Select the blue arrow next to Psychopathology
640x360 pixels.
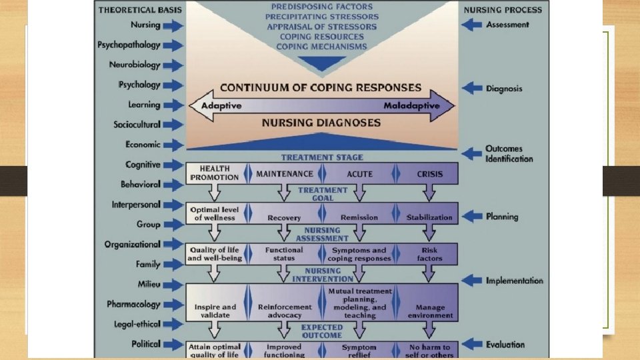pyautogui.click(x=172, y=45)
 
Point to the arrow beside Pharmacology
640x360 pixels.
pyautogui.click(x=172, y=305)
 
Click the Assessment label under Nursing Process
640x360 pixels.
pyautogui.click(x=507, y=25)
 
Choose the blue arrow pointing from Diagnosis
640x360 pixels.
pyautogui.click(x=472, y=88)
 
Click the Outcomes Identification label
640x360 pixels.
pyautogui.click(x=509, y=154)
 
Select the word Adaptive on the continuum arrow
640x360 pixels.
pyautogui.click(x=221, y=106)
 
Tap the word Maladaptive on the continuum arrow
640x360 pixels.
pyautogui.click(x=411, y=106)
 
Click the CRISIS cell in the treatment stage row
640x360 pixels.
pyautogui.click(x=429, y=174)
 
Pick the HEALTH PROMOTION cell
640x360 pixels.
pyautogui.click(x=214, y=174)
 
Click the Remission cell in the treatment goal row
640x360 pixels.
pyautogui.click(x=359, y=217)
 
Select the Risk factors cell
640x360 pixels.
pyautogui.click(x=429, y=254)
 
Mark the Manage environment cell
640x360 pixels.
pyautogui.click(x=429, y=311)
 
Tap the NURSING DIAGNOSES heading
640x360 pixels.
pyautogui.click(x=321, y=123)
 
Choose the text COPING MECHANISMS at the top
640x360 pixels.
pyautogui.click(x=321, y=47)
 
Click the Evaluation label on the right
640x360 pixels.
pyautogui.click(x=505, y=345)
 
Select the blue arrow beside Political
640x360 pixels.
pyautogui.click(x=172, y=345)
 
